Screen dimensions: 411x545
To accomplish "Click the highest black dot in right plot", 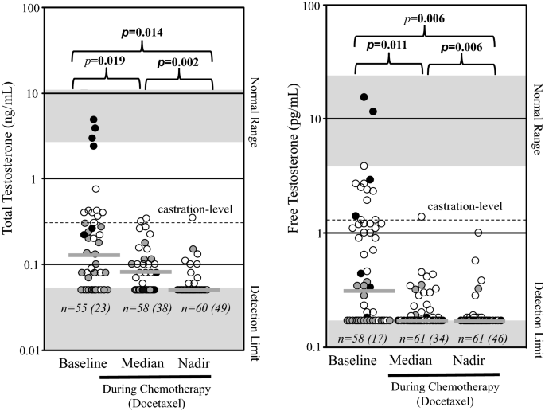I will [364, 96].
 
